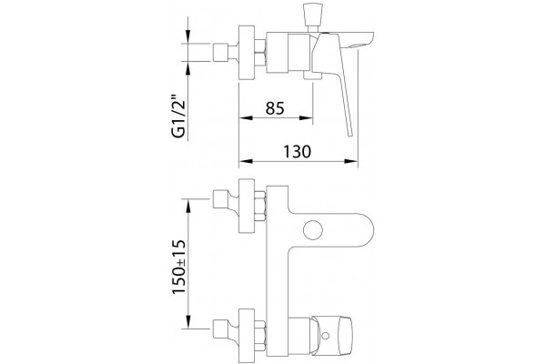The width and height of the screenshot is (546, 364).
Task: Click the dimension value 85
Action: point(275,108)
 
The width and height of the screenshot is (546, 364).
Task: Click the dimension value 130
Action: point(297,152)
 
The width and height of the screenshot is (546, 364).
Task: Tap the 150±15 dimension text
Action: point(179,267)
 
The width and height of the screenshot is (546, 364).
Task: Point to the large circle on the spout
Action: point(313,230)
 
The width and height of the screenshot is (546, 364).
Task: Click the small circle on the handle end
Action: point(325,336)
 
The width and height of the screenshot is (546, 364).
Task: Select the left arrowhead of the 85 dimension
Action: point(246,118)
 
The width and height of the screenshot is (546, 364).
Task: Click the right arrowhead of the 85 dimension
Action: point(306,118)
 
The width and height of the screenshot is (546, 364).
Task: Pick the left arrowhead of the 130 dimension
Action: point(246,161)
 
